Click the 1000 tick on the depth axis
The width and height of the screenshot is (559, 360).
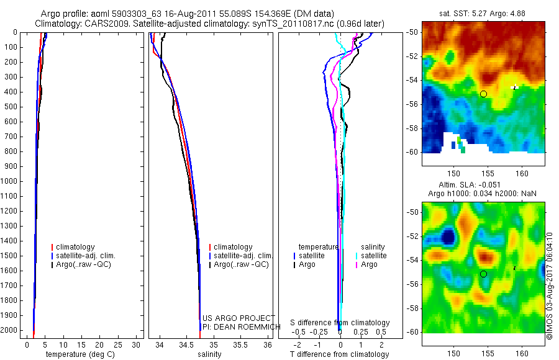pyautogui.click(x=11, y=181)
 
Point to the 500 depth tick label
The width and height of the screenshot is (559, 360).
pyautogui.click(x=11, y=106)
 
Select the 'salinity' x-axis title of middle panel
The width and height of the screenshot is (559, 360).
pyautogui.click(x=209, y=354)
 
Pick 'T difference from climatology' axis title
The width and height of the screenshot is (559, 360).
pyautogui.click(x=339, y=354)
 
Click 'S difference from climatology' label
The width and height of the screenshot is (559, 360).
pyautogui.click(x=340, y=323)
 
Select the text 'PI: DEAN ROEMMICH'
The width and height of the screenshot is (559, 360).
pyautogui.click(x=237, y=326)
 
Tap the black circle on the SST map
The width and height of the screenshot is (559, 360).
pyautogui.click(x=483, y=94)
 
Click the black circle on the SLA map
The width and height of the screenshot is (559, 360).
pyautogui.click(x=483, y=274)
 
